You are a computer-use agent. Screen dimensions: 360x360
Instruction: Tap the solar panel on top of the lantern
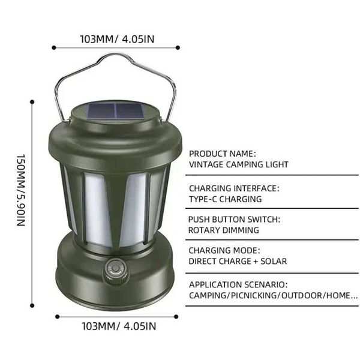click(x=117, y=113)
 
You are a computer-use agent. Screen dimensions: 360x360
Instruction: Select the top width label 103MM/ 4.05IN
click(x=117, y=40)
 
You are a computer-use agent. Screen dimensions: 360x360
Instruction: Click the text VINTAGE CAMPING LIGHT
click(x=239, y=164)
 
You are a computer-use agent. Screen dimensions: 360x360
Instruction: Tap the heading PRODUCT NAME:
click(x=222, y=154)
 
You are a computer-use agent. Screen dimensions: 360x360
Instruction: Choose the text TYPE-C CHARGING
click(x=225, y=199)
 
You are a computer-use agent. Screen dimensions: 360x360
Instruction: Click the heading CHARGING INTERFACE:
click(x=233, y=188)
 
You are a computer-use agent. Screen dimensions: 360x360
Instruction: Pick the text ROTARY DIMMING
click(x=223, y=230)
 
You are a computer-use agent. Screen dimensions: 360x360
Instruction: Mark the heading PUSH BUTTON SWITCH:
click(x=233, y=220)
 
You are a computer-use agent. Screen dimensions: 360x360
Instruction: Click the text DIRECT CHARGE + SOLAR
click(x=238, y=261)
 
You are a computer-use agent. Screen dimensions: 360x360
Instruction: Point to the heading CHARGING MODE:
click(x=224, y=250)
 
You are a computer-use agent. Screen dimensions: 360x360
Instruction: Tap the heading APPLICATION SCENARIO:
click(x=238, y=284)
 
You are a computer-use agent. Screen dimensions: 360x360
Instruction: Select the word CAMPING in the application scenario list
click(x=208, y=295)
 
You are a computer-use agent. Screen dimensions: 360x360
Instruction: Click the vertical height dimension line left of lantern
click(x=32, y=192)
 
